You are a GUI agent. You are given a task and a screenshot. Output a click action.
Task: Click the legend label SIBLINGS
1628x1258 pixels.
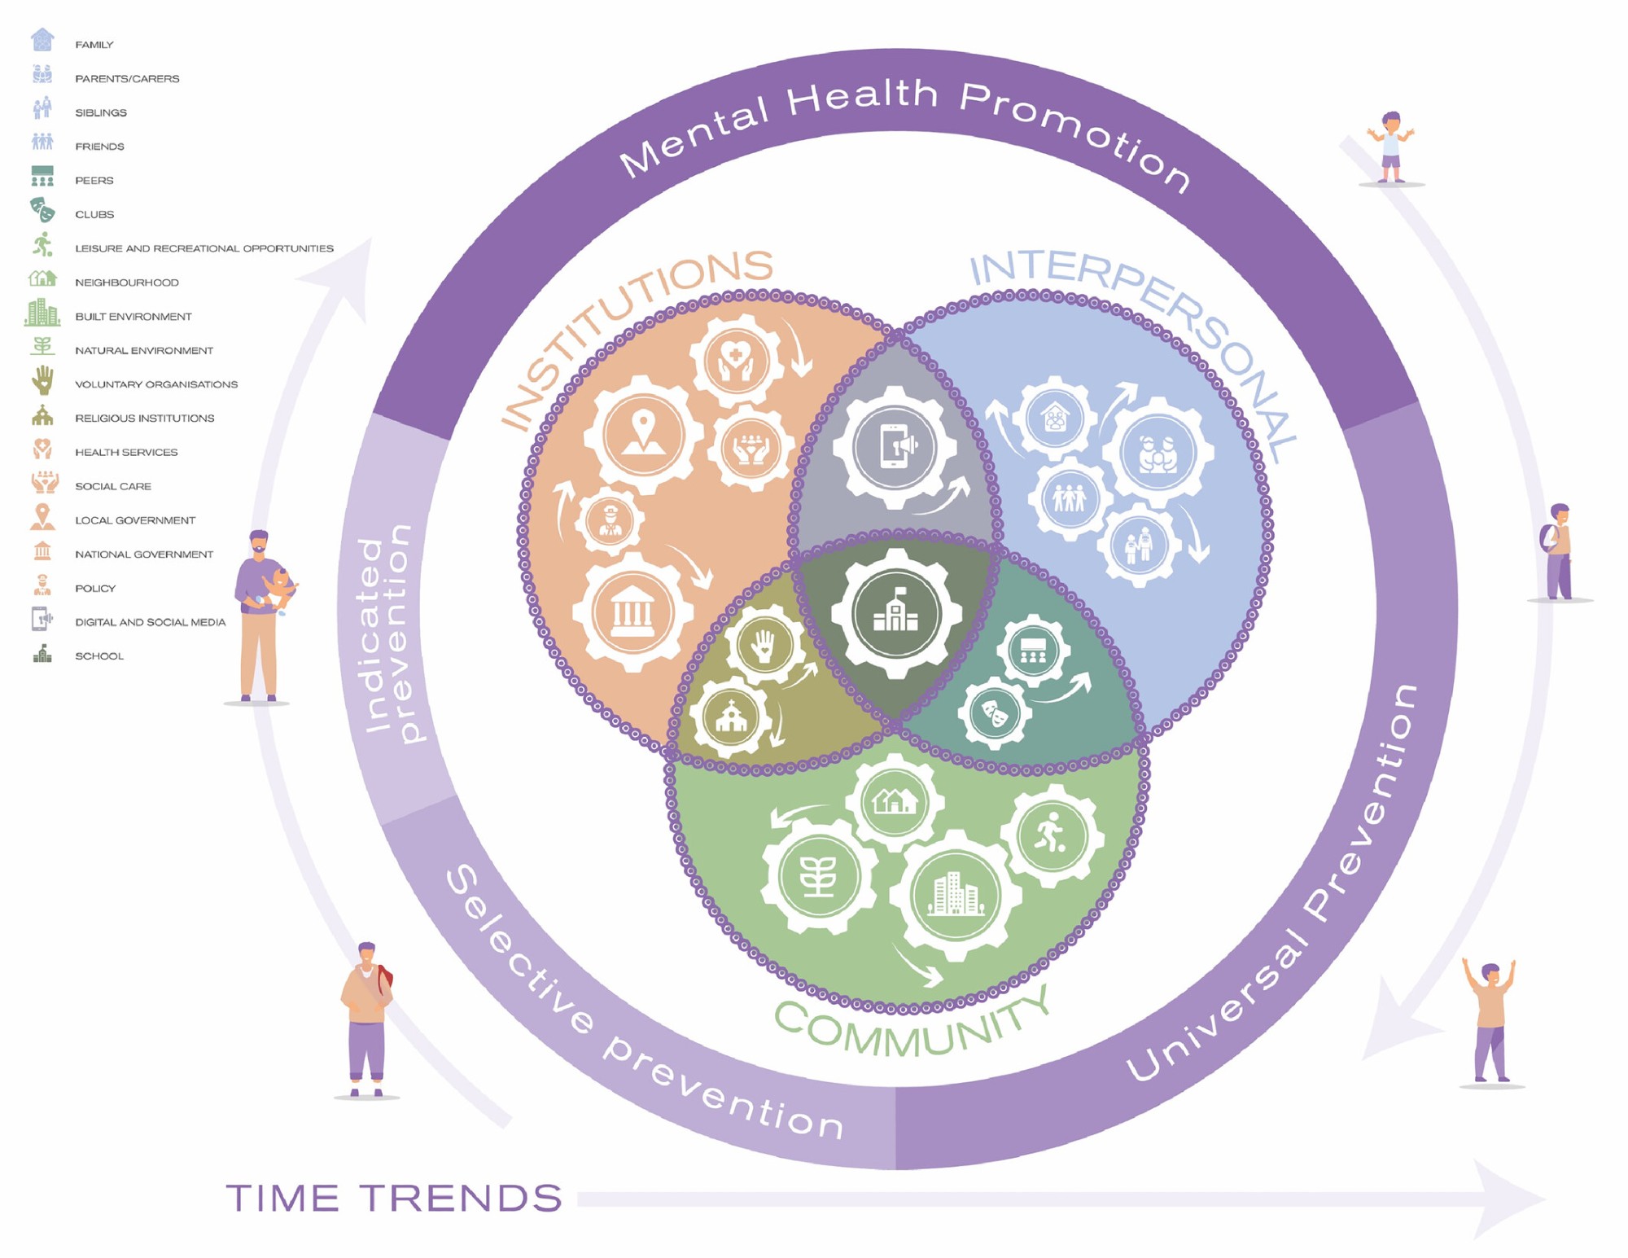coord(101,112)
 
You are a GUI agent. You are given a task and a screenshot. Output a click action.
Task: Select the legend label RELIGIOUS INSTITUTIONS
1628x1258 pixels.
coord(145,418)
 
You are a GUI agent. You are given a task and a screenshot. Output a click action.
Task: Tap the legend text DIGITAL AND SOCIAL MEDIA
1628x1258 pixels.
coord(151,622)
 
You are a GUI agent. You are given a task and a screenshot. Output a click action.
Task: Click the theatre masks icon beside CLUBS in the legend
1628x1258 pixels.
coord(42,210)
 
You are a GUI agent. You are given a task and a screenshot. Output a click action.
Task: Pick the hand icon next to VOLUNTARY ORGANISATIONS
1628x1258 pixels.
coord(43,380)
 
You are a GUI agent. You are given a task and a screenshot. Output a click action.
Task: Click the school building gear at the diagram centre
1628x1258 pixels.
coord(895,614)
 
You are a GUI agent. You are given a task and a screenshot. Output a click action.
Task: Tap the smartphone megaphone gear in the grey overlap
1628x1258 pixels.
coord(895,448)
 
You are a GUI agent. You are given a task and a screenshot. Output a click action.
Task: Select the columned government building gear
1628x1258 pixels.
coord(633,612)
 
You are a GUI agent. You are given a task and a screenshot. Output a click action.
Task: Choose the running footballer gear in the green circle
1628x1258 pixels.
coord(1052,836)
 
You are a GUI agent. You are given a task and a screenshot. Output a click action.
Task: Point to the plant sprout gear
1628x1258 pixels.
coord(818,877)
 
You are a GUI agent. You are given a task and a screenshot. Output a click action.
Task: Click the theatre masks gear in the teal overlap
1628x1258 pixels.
coord(994,713)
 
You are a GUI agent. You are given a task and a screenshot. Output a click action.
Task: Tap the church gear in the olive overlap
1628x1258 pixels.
coord(730,717)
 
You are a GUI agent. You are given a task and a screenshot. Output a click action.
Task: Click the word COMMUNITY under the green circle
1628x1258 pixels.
coord(912,1030)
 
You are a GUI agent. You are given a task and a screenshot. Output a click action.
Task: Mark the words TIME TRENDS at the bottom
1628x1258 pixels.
coord(394,1199)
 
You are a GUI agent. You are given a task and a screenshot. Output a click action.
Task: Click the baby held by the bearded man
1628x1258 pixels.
coord(278,587)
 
